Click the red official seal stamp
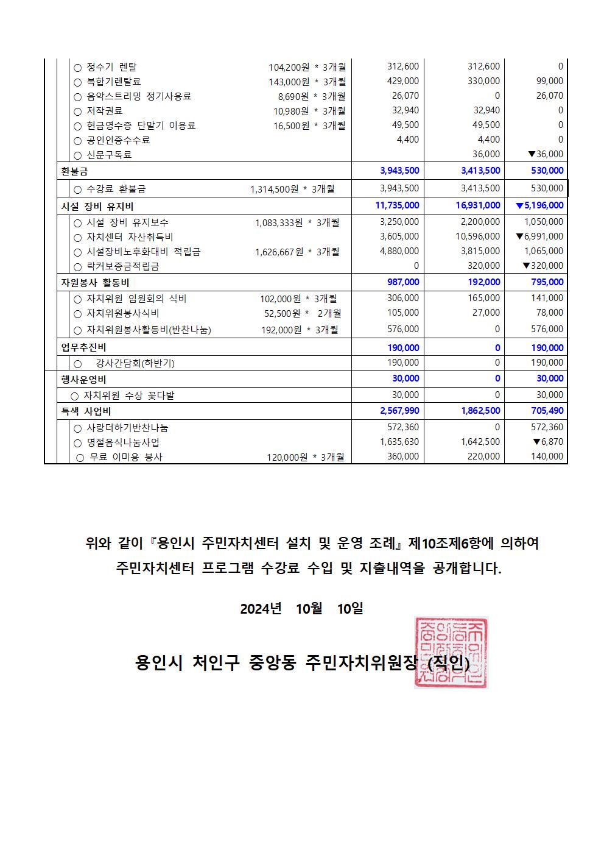coord(451,653)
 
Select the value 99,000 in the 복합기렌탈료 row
coord(550,81)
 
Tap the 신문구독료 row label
coord(109,155)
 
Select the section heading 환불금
coord(74,171)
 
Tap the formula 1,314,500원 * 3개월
coord(292,189)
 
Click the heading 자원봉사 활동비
coord(95,283)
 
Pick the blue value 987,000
coord(403,282)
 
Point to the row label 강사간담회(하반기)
coord(135,363)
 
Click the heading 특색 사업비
coord(86,411)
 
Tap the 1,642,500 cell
coord(480,442)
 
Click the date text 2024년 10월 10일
coord(301,608)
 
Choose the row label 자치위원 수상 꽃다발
coord(128,396)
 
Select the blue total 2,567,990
coord(399,411)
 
